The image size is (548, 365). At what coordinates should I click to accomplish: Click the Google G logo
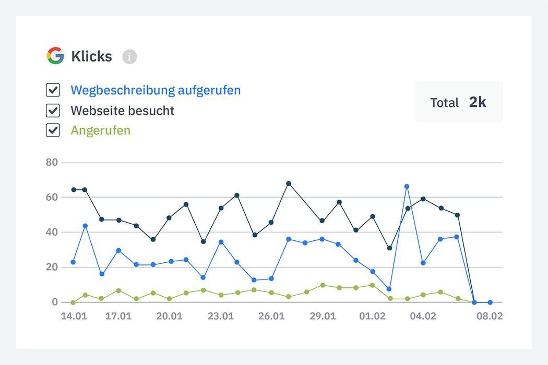pos(55,56)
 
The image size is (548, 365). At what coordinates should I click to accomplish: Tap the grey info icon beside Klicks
pos(129,56)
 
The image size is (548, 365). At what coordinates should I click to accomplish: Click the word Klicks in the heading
pos(91,56)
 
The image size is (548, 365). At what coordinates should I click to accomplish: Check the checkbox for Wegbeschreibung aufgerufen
pos(53,90)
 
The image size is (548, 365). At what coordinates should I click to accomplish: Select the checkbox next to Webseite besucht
pos(53,111)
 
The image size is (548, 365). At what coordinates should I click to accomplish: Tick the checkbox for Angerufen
pos(53,130)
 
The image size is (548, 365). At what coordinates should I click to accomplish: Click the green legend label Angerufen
pos(100,130)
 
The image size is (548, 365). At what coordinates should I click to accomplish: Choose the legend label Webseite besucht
pos(122,111)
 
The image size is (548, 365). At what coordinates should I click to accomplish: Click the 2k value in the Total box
pos(477,102)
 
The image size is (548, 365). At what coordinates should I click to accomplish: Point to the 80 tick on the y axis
pos(52,162)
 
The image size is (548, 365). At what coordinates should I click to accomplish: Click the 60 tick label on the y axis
pos(52,197)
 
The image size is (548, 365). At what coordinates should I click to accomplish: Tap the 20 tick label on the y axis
pos(52,267)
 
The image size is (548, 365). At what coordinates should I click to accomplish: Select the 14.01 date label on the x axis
pos(74,317)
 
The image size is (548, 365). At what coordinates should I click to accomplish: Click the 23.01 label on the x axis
pos(220,317)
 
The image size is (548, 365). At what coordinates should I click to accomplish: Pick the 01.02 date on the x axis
pos(373,317)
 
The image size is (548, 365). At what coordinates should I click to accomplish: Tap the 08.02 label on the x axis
pos(490,317)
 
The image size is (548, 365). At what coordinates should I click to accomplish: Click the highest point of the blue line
pos(407,186)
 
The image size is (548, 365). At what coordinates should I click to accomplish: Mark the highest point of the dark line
pos(288,184)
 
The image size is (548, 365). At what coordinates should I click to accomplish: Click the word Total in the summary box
pos(444,103)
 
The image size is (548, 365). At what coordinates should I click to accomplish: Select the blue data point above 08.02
pos(490,302)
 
